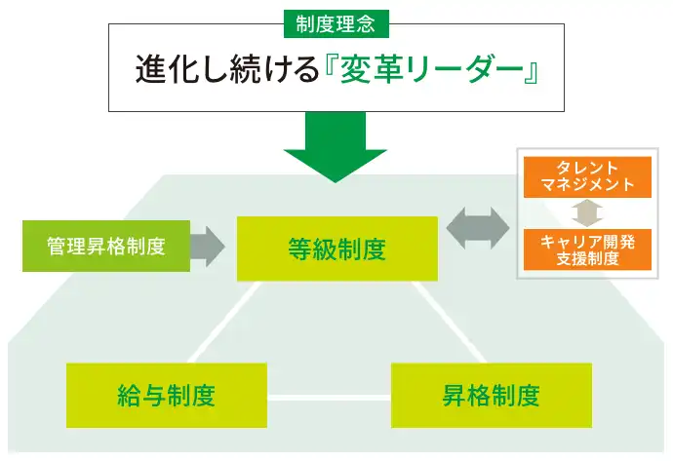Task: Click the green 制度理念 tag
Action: tap(336, 19)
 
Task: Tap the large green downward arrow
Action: tap(336, 146)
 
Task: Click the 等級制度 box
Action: tap(336, 249)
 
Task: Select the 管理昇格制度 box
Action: tap(105, 246)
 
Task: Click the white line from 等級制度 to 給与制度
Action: tap(222, 323)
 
